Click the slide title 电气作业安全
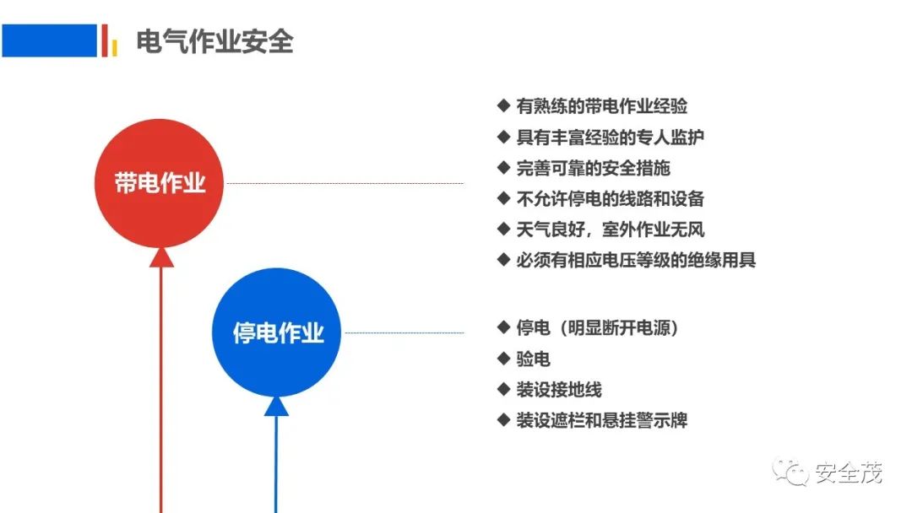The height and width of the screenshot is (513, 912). pyautogui.click(x=214, y=41)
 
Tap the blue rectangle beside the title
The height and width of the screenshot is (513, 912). pyautogui.click(x=50, y=40)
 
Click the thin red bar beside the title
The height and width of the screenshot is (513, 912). pyautogui.click(x=105, y=40)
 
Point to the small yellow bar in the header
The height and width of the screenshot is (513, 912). pyautogui.click(x=115, y=47)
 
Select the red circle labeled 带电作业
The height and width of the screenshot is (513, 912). pyautogui.click(x=159, y=183)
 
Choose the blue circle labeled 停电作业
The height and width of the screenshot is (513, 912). pyautogui.click(x=276, y=332)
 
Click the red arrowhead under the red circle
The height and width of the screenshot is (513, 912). pyautogui.click(x=161, y=257)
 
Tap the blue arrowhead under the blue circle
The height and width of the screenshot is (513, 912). pyautogui.click(x=276, y=406)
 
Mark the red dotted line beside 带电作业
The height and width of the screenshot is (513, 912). pyautogui.click(x=345, y=183)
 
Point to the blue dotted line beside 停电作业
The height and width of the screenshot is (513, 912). pyautogui.click(x=404, y=333)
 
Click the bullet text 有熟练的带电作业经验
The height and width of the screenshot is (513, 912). pyautogui.click(x=602, y=106)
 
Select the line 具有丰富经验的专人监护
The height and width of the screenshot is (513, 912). pyautogui.click(x=611, y=138)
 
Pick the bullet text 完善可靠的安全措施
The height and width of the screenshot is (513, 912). pyautogui.click(x=594, y=168)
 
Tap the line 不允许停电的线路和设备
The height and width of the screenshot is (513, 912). pyautogui.click(x=611, y=198)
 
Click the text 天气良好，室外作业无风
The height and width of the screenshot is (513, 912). pyautogui.click(x=611, y=229)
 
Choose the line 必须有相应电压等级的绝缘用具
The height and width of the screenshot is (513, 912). pyautogui.click(x=636, y=260)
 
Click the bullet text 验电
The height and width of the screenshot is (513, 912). pyautogui.click(x=534, y=359)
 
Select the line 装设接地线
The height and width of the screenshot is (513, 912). pyautogui.click(x=559, y=389)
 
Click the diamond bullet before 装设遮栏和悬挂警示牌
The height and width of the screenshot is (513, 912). pyautogui.click(x=503, y=419)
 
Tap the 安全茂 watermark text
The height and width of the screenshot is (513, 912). pyautogui.click(x=848, y=472)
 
